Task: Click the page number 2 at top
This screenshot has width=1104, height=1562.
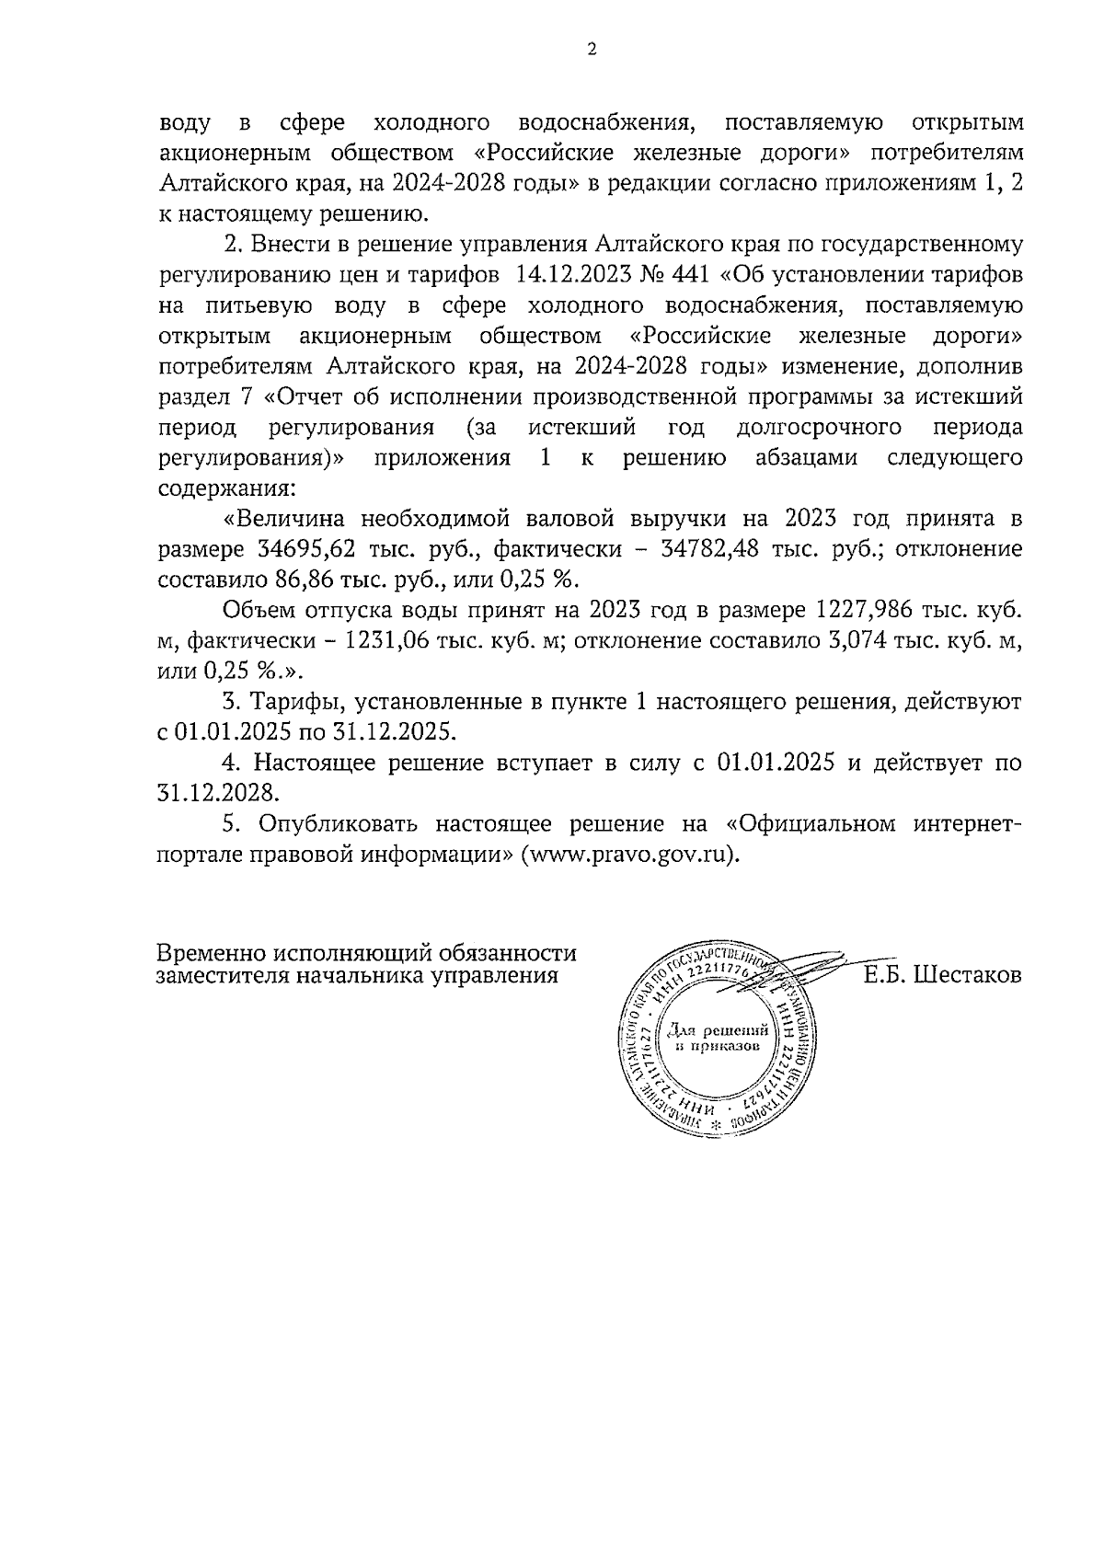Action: pos(591,50)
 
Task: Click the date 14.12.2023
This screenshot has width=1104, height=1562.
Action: pos(569,275)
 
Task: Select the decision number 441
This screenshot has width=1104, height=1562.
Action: pos(693,275)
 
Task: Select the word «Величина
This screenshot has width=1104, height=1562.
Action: pos(286,519)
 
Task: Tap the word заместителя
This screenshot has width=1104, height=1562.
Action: pos(221,976)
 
